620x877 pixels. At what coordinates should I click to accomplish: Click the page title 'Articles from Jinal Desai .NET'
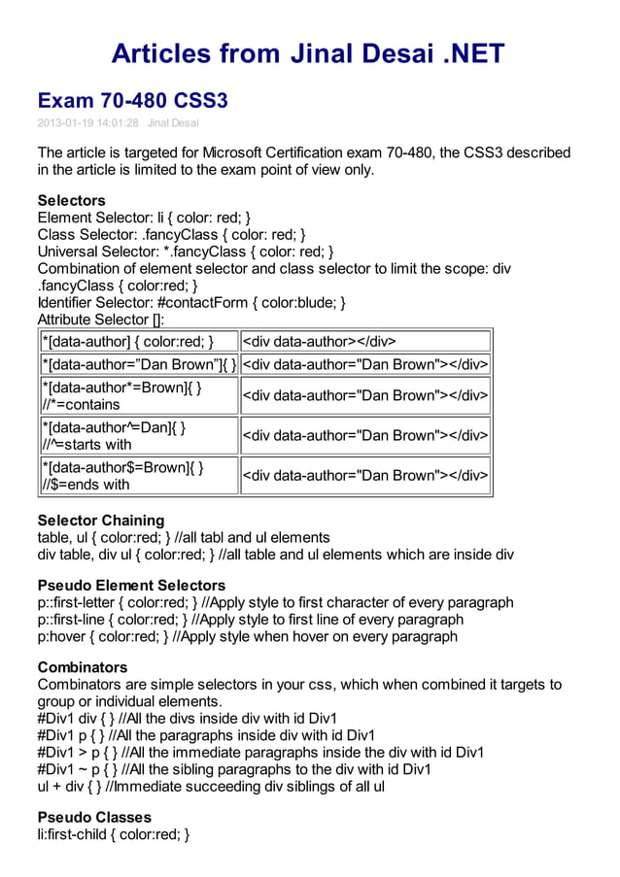click(308, 52)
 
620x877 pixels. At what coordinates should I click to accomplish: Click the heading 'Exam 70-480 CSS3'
click(132, 100)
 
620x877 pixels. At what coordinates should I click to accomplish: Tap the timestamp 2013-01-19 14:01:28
click(87, 123)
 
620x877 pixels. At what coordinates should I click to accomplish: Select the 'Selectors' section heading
click(71, 201)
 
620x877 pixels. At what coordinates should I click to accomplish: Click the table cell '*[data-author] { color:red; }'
click(139, 341)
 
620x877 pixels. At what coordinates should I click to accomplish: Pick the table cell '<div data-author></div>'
click(365, 341)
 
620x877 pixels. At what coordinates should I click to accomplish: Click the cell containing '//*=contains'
click(139, 396)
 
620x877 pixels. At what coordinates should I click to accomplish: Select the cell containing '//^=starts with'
click(139, 436)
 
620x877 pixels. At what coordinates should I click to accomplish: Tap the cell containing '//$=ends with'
click(139, 476)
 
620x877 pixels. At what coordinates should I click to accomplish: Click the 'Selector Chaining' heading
click(101, 521)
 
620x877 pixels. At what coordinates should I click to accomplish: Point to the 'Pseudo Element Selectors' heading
click(131, 586)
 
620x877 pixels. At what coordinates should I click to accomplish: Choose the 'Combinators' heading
click(82, 668)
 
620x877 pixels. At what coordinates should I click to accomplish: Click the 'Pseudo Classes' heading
click(94, 818)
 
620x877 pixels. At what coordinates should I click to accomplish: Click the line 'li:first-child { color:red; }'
click(113, 834)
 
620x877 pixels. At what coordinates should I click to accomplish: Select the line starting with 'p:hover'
click(247, 637)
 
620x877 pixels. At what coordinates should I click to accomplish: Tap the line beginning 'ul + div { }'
click(211, 786)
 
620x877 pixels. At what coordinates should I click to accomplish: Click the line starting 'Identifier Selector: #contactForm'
click(191, 302)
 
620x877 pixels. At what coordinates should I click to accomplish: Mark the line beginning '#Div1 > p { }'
click(260, 753)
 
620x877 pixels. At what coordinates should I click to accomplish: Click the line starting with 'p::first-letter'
click(275, 603)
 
